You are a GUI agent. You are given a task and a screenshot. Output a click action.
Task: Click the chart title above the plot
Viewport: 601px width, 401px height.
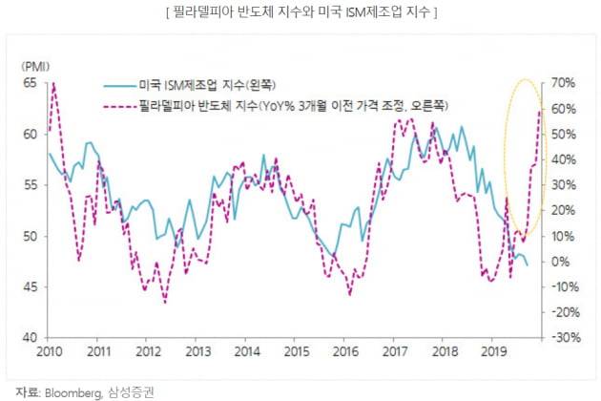click(x=300, y=12)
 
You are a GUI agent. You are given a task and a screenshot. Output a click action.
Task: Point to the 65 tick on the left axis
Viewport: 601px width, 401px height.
click(x=30, y=83)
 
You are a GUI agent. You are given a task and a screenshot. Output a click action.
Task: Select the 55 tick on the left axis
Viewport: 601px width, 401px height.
click(x=30, y=185)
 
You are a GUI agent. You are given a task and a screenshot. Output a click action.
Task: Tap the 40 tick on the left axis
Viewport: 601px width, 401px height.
click(x=30, y=338)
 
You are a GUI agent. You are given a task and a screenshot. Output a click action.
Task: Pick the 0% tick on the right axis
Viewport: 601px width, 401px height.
click(x=561, y=262)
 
